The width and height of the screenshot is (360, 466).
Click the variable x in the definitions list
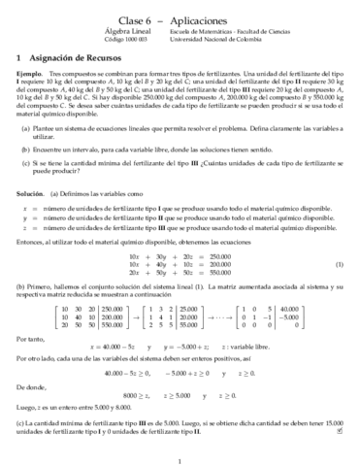coord(23,209)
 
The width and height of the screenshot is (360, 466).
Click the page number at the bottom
coord(180,457)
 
